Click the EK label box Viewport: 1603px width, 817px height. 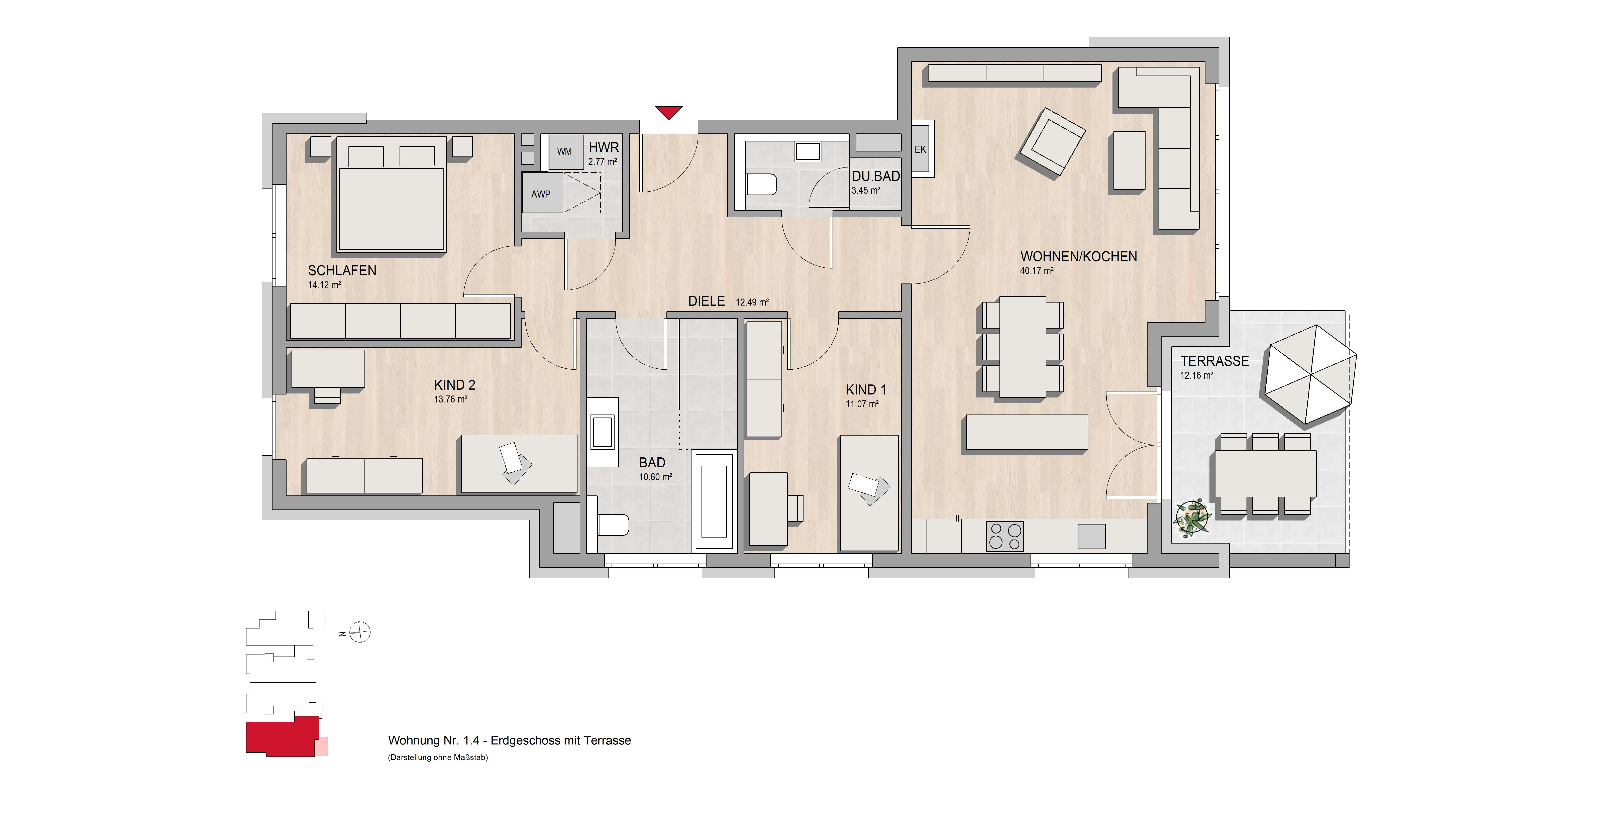coord(920,149)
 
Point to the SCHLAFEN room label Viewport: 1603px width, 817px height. coord(342,271)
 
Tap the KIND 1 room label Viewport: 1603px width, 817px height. coord(866,390)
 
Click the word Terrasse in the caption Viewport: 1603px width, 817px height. coord(608,740)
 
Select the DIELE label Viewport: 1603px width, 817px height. coord(706,301)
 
